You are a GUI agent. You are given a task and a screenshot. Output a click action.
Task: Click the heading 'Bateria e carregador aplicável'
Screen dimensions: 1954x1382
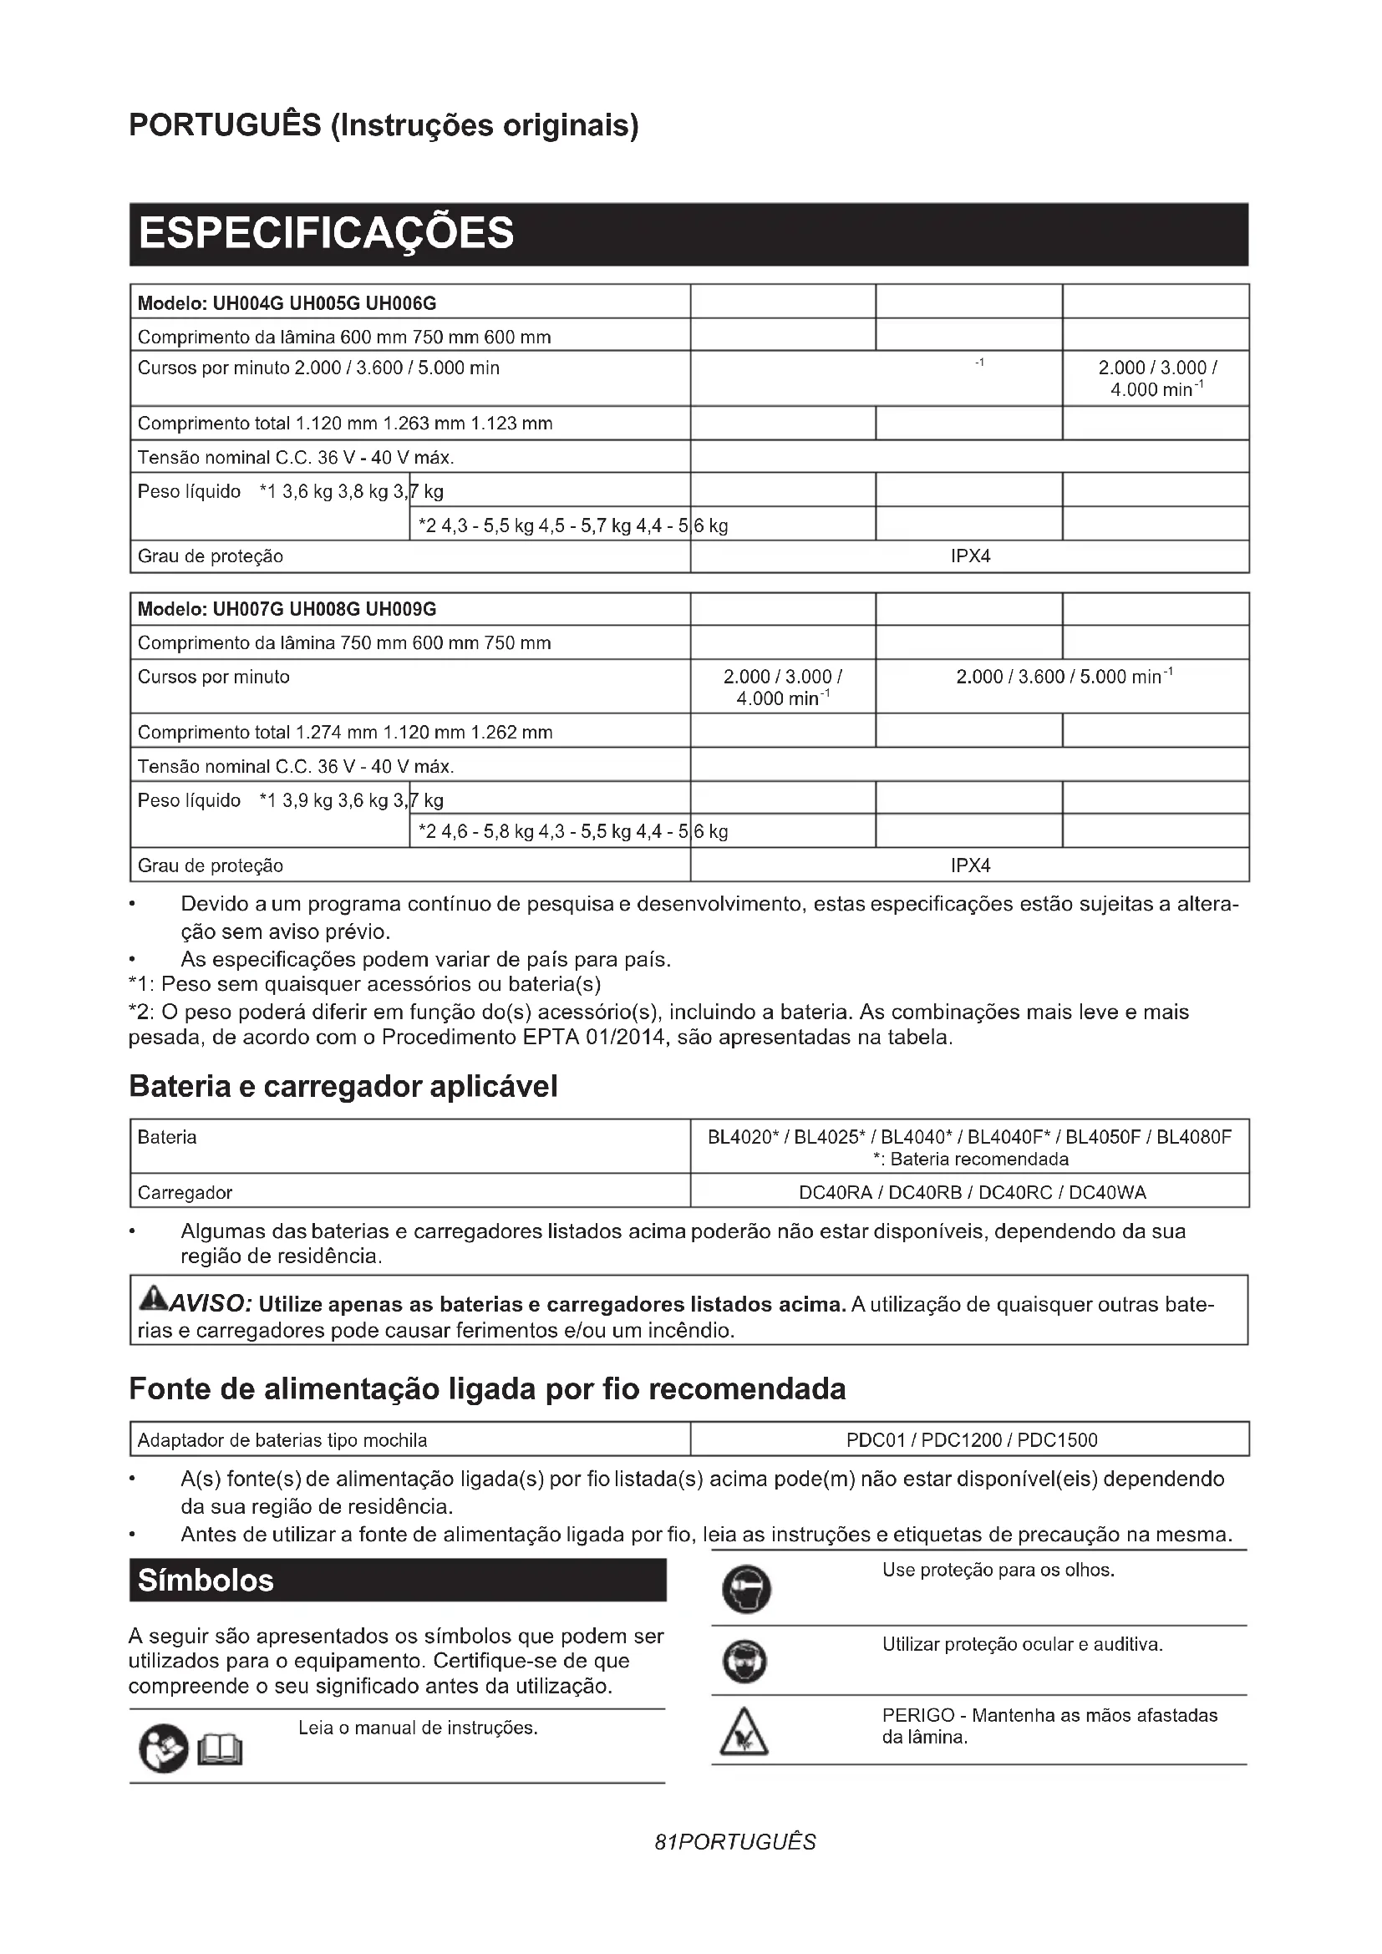(x=343, y=1087)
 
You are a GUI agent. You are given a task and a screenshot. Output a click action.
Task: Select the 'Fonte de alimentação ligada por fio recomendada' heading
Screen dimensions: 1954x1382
(x=487, y=1389)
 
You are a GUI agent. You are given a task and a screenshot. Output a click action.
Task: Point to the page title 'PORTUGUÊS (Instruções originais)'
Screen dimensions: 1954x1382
(x=383, y=125)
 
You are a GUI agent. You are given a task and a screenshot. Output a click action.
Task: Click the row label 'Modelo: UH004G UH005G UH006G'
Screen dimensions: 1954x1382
(x=287, y=303)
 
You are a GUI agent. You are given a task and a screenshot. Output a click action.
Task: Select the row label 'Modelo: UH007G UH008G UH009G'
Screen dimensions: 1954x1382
(x=287, y=609)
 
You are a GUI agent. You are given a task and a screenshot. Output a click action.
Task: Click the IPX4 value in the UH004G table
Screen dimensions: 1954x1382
(x=970, y=556)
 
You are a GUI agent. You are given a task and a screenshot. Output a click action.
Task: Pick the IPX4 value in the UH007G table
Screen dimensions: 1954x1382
(x=970, y=865)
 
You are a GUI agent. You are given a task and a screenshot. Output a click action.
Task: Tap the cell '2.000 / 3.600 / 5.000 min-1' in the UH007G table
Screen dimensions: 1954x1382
(x=1064, y=678)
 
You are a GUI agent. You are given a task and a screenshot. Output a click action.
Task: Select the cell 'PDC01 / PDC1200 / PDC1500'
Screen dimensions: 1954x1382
(x=971, y=1440)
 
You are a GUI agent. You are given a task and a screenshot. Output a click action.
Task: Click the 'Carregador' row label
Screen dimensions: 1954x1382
(x=185, y=1192)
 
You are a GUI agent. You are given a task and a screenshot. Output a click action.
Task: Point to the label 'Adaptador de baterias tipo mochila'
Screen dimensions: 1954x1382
(x=282, y=1440)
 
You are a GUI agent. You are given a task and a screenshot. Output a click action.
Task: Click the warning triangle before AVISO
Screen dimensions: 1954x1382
(x=153, y=1300)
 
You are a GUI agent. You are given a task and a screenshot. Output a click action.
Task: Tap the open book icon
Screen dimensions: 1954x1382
(x=220, y=1751)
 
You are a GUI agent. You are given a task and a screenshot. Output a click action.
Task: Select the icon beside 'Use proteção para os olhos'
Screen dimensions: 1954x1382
(x=745, y=1590)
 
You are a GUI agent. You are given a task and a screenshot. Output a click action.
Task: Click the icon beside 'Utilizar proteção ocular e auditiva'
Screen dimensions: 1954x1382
(x=744, y=1662)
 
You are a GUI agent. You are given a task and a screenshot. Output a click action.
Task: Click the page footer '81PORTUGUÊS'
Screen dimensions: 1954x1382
(x=734, y=1843)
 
